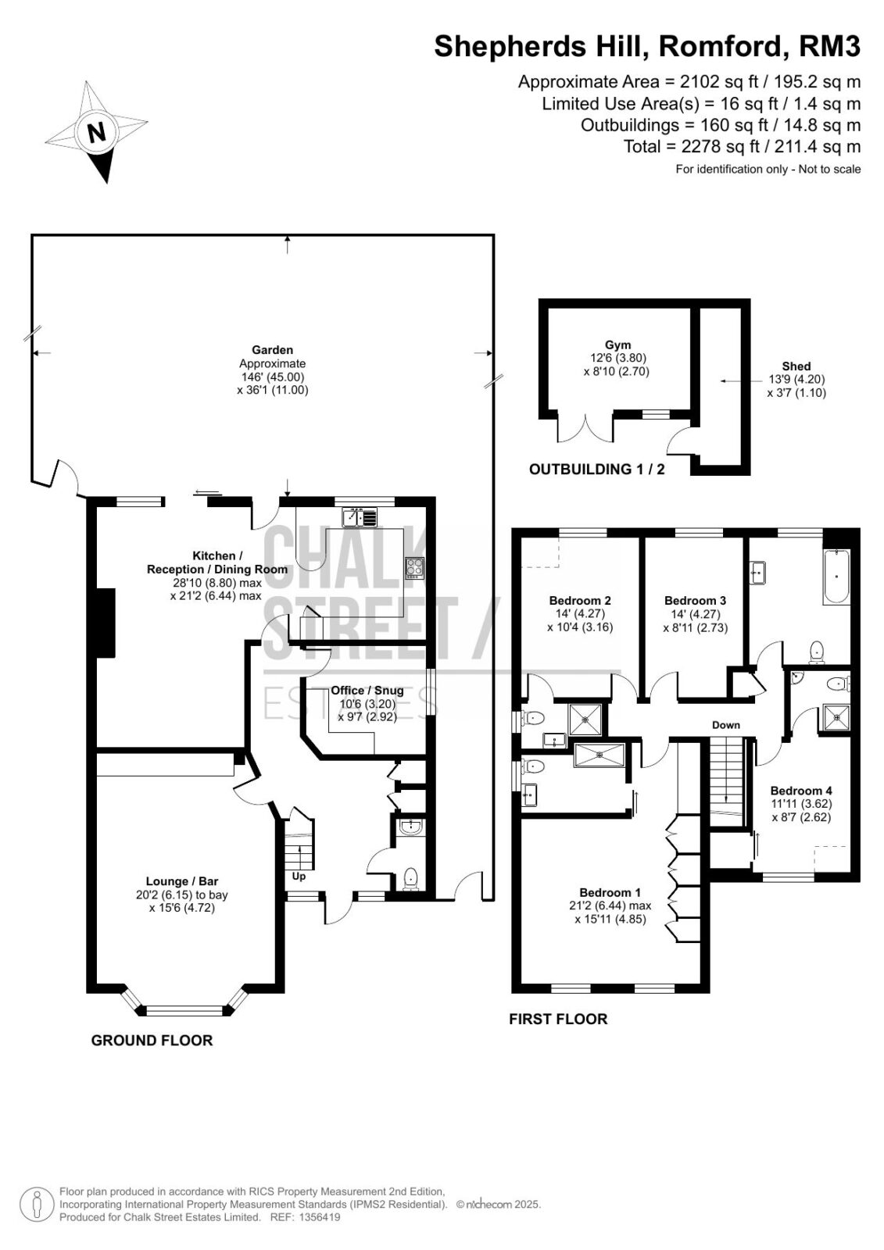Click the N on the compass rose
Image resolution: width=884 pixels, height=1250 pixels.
pos(97,133)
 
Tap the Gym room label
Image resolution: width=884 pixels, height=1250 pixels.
pos(617,345)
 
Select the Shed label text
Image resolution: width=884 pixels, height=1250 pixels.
pos(796,366)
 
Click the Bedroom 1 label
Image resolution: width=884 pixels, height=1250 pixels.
pos(610,892)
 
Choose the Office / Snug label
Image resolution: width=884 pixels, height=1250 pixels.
pos(367,691)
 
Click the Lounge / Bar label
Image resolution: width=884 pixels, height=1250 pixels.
pos(182,881)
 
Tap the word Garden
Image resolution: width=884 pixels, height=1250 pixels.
pos(273,350)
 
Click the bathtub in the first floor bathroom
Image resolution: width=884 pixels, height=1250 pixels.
pos(836,577)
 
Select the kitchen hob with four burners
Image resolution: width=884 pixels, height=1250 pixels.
pos(415,567)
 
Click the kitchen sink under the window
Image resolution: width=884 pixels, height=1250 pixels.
pos(360,517)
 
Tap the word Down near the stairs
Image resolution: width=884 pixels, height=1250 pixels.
pos(726,726)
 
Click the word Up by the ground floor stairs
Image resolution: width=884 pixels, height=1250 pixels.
pos(299,877)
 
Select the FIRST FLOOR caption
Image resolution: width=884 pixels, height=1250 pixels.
pos(558,1020)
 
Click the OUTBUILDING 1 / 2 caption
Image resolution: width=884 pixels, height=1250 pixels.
pos(597,470)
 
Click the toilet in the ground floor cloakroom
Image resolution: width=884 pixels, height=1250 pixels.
pos(411,878)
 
